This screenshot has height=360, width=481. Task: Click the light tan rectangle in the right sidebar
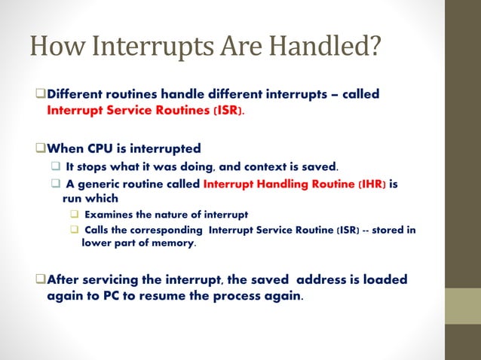point(463,305)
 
